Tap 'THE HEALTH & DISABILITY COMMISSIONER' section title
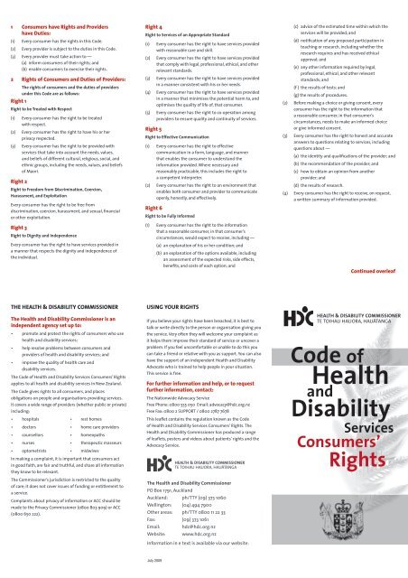[x=64, y=307]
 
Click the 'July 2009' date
[x=154, y=571]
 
